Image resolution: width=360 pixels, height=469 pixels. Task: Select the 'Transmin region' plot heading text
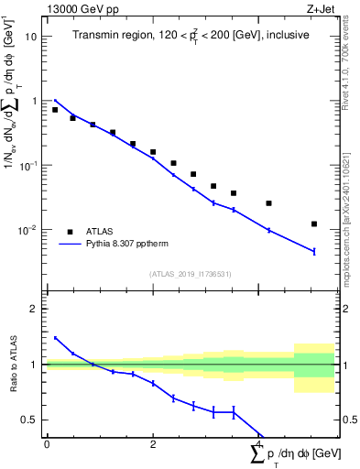point(191,35)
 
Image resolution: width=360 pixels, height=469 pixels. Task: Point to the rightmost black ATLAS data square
point(314,224)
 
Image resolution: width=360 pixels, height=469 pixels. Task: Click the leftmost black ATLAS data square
point(55,110)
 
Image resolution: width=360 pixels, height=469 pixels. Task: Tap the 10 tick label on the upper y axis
point(30,38)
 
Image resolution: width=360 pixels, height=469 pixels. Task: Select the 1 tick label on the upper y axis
point(34,102)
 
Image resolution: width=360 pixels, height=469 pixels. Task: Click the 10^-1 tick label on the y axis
point(28,165)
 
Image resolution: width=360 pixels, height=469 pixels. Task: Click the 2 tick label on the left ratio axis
point(34,309)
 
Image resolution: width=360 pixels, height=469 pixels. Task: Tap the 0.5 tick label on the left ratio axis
point(30,420)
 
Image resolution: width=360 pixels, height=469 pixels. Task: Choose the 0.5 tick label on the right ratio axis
point(348,420)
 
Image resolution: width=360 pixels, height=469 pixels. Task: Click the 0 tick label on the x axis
point(46,444)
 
